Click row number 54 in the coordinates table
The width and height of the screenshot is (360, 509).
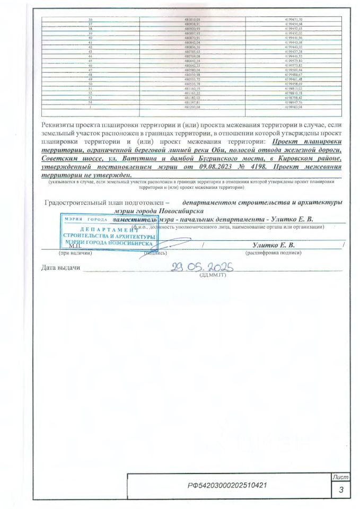point(89,102)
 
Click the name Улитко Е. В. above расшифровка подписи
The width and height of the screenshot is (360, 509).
point(273,244)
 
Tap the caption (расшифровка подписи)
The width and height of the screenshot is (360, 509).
point(273,253)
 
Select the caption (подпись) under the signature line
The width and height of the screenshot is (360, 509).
point(154,253)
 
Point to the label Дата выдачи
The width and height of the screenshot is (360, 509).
point(60,267)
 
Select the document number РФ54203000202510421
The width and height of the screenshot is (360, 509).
point(227,486)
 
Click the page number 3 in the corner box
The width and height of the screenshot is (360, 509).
point(340,490)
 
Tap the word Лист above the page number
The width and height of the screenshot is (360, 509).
point(340,478)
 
